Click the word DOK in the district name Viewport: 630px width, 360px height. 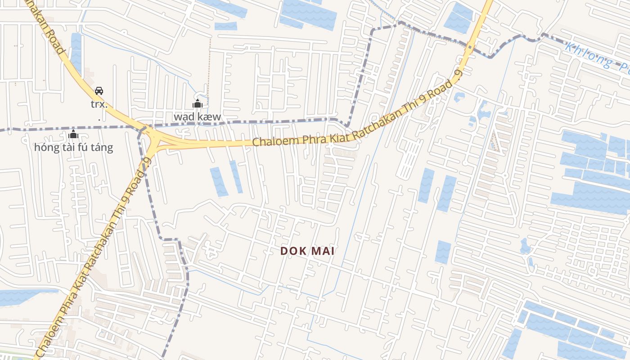[293, 251]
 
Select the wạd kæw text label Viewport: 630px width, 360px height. [198, 117]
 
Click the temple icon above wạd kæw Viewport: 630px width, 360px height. [197, 104]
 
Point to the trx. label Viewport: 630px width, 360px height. [99, 104]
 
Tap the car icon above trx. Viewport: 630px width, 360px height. [99, 91]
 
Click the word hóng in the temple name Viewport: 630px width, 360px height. [47, 147]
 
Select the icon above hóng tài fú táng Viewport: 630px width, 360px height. [73, 134]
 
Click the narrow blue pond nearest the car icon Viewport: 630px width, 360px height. [76, 52]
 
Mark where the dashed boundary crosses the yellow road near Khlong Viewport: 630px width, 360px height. [469, 45]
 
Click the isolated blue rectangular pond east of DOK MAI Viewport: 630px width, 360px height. [443, 252]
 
